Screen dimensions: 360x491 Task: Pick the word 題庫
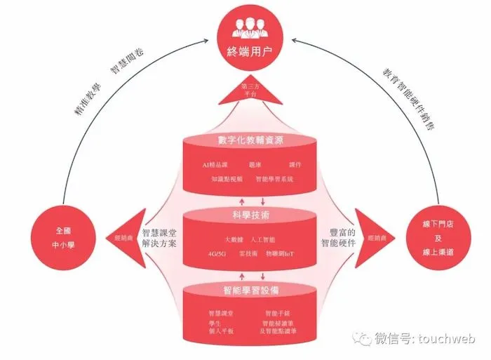click(255, 165)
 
